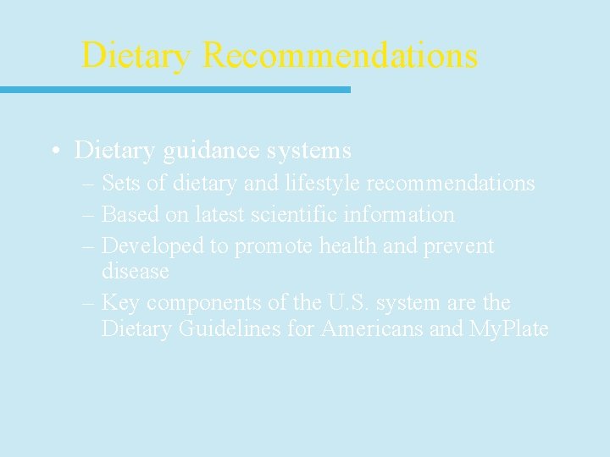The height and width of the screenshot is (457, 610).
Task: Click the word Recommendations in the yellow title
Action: (340, 56)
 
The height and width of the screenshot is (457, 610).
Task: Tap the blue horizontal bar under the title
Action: (175, 89)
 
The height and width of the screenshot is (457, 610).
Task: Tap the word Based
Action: (130, 215)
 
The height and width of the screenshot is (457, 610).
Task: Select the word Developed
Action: (153, 246)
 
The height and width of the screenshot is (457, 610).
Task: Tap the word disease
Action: (135, 272)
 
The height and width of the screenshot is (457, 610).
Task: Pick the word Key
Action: (120, 303)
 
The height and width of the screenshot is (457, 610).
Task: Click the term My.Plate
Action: (508, 328)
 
